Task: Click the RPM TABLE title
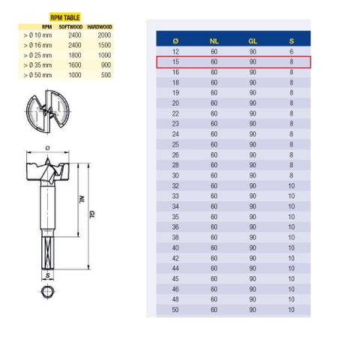pyautogui.click(x=65, y=18)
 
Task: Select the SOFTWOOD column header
pyautogui.click(x=70, y=27)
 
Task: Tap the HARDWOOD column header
pyautogui.click(x=100, y=27)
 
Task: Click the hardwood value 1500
pyautogui.click(x=104, y=45)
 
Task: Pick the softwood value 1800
pyautogui.click(x=75, y=55)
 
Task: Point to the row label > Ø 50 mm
pyautogui.click(x=37, y=75)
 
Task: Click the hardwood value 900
pyautogui.click(x=106, y=65)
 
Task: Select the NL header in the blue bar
pyautogui.click(x=214, y=41)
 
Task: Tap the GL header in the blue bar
pyautogui.click(x=253, y=41)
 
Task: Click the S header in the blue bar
pyautogui.click(x=292, y=41)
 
